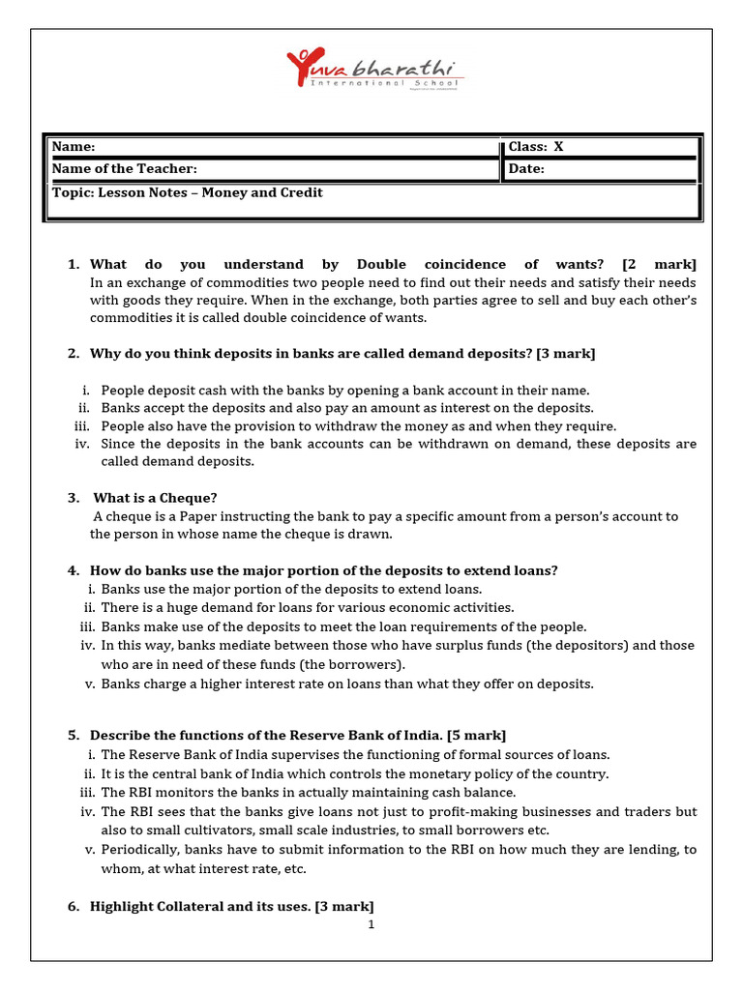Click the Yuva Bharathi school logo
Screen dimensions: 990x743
tap(374, 72)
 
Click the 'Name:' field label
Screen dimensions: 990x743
tap(74, 147)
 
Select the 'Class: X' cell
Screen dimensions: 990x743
tap(536, 147)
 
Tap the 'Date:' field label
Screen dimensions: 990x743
tap(526, 169)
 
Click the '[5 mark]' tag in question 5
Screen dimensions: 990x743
tap(476, 736)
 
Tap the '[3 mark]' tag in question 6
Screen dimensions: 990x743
tap(344, 906)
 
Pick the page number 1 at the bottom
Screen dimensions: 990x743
tap(371, 925)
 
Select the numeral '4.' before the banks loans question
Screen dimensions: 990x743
tap(74, 570)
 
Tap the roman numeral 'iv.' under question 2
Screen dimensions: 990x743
tap(82, 444)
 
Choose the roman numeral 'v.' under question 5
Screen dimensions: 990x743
tap(88, 850)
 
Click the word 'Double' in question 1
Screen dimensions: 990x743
tap(381, 264)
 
